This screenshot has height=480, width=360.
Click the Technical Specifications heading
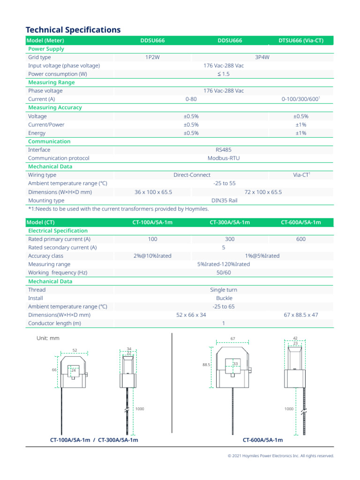click(x=73, y=30)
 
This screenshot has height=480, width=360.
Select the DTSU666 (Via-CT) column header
click(x=300, y=41)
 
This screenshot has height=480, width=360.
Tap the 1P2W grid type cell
click(x=153, y=57)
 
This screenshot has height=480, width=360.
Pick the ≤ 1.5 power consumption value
click(x=224, y=74)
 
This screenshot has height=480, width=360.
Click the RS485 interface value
click(x=224, y=150)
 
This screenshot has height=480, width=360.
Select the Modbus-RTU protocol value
click(x=224, y=158)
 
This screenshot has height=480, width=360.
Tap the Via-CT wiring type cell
click(x=301, y=175)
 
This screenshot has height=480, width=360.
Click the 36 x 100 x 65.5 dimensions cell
click(x=153, y=192)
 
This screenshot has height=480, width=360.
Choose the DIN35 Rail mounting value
click(x=224, y=201)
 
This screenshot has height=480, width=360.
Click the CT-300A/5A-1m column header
click(x=230, y=222)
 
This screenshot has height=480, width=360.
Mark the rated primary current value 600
click(x=301, y=239)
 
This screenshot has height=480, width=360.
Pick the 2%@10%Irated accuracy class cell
click(x=152, y=256)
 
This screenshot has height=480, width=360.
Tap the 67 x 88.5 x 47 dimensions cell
click(x=301, y=315)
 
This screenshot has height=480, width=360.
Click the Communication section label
click(x=49, y=142)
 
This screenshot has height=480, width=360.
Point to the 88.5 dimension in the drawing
click(x=207, y=364)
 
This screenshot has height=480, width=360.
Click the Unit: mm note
click(x=48, y=338)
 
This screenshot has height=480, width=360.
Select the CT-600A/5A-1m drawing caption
click(x=262, y=440)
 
